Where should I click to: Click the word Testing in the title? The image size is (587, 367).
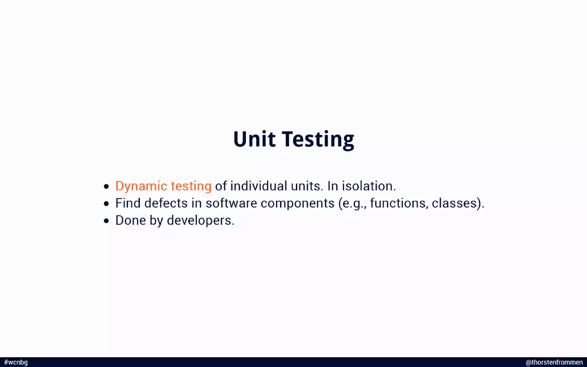pos(318,140)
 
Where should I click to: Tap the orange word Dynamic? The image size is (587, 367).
pos(141,186)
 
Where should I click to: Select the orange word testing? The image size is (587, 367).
pos(191,186)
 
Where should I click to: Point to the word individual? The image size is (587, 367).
pos(259,186)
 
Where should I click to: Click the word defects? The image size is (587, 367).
pos(166,203)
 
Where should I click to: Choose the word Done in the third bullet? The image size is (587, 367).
pos(131,220)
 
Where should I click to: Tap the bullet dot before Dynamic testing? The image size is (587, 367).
pos(106,187)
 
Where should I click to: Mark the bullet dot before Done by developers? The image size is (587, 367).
pos(106,221)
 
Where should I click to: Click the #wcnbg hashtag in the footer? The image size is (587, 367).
pos(16,362)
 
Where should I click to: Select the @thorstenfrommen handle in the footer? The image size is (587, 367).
pos(554,362)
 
